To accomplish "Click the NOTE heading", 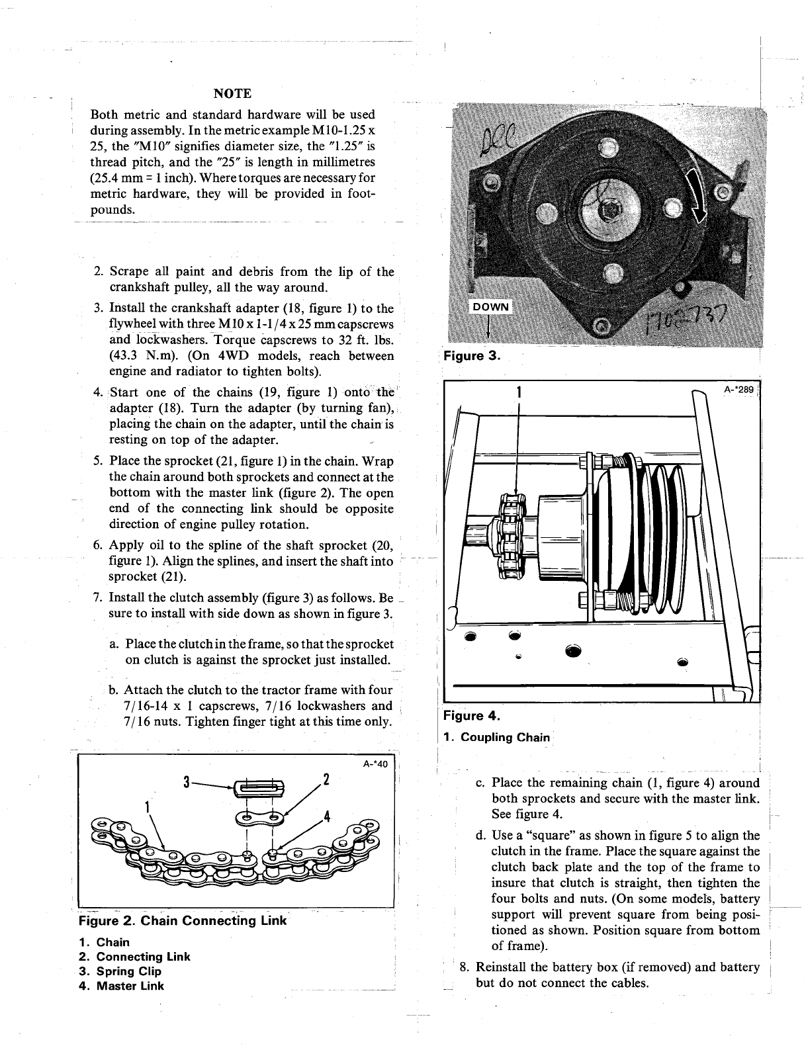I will [232, 92].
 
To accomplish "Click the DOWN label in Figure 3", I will [490, 306].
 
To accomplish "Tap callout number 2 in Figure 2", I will [325, 777].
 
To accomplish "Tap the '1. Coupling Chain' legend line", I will [498, 737].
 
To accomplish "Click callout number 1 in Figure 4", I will [519, 392].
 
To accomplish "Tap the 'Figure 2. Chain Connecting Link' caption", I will [183, 921].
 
